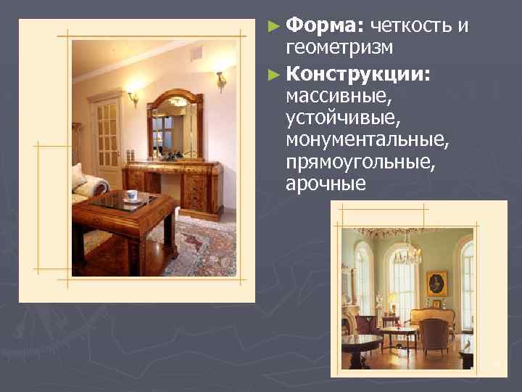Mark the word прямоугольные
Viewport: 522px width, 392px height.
pos(361,161)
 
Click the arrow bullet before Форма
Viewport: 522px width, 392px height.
pos(273,28)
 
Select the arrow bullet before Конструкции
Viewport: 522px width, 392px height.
pos(273,74)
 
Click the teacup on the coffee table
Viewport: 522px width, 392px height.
pos(131,195)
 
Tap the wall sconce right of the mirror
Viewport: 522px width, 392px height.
pos(221,80)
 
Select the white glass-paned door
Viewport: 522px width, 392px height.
pos(107,138)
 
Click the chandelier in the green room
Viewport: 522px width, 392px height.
pos(410,250)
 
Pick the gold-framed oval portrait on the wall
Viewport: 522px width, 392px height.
pos(436,282)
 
